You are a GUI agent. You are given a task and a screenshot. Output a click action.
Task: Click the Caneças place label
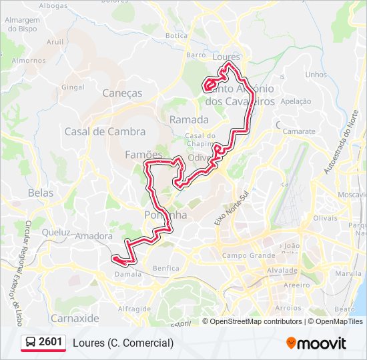122,93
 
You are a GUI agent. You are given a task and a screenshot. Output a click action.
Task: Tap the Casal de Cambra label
95,131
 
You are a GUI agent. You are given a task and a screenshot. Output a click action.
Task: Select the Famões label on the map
143,155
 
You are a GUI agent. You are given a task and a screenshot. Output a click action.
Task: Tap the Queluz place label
55,233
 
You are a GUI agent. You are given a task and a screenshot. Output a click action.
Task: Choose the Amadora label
94,236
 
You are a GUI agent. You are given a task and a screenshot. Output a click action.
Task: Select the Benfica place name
165,268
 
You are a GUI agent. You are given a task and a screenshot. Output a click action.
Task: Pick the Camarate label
299,131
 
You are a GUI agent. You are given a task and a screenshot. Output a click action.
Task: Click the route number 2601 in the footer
51,342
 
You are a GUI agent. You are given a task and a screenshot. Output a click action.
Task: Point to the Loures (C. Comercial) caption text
123,343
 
